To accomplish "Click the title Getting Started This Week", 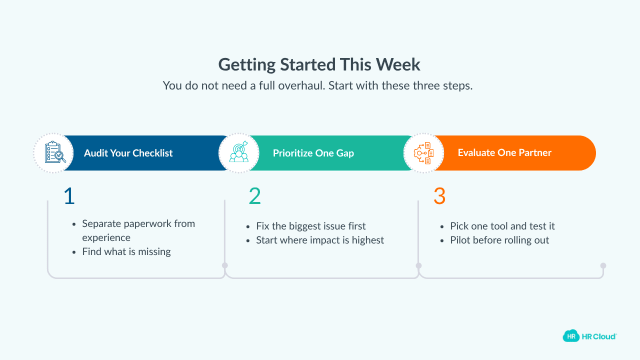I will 319,64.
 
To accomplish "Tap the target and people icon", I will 239,153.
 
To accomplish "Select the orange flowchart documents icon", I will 424,153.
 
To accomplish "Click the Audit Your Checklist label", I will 128,153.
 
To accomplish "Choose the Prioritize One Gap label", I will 313,153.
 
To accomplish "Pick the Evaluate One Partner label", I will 504,152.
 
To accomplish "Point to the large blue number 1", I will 69,196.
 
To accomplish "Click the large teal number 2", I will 254,196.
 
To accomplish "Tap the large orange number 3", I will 439,196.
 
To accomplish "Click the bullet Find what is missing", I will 126,251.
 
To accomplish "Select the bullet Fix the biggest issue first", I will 310,226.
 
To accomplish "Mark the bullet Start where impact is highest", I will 320,240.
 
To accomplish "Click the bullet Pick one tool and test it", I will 502,226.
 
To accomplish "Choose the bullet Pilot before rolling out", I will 499,240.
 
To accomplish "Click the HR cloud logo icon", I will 571,336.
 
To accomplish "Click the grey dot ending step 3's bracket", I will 603,265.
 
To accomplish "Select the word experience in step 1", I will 106,237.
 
